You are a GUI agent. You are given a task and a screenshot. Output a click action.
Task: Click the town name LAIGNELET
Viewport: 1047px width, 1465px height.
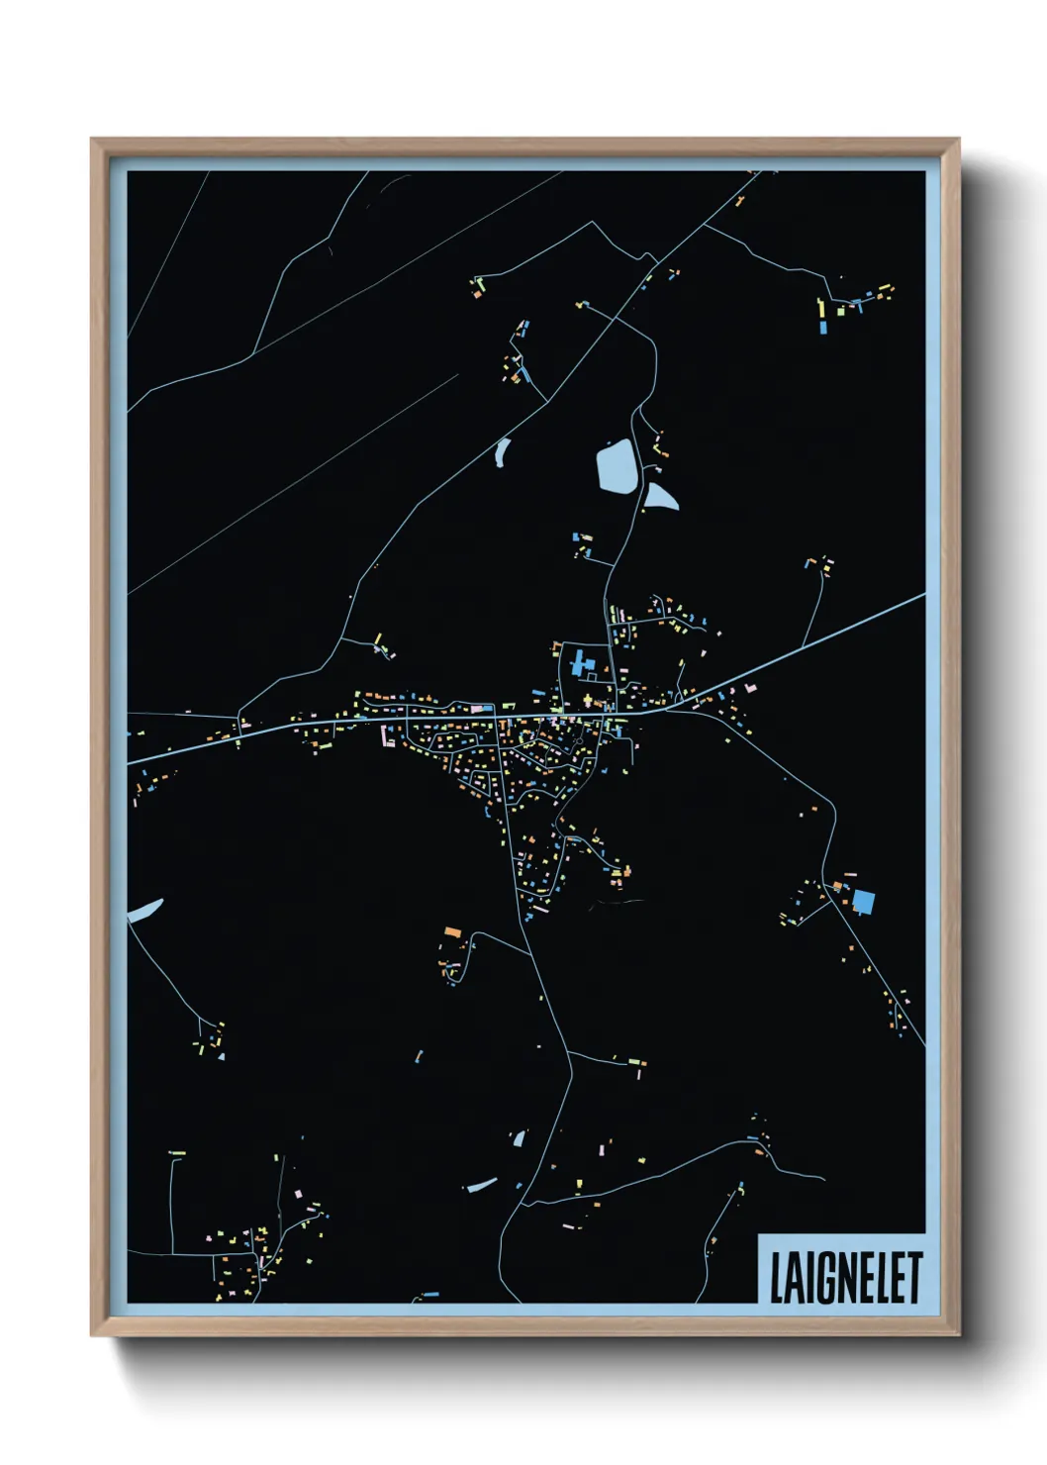point(845,1277)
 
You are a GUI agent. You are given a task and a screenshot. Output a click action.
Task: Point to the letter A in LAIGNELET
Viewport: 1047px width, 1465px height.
point(788,1278)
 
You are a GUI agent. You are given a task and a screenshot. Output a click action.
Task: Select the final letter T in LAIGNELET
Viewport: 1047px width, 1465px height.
point(914,1277)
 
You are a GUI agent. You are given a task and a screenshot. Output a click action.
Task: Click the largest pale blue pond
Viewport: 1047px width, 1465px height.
point(618,465)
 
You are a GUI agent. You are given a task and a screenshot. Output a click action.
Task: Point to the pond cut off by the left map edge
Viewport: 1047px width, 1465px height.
point(143,911)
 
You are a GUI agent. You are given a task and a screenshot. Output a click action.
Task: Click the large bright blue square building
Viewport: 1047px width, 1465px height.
point(864,902)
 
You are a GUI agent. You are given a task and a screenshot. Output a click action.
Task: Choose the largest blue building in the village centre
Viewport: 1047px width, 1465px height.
point(578,662)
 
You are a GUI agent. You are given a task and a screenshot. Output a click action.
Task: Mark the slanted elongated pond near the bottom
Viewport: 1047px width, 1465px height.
point(482,1184)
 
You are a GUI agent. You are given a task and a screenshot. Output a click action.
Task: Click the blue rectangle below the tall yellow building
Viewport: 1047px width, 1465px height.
point(821,326)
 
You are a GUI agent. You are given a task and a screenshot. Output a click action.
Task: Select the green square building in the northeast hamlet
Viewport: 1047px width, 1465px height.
point(841,311)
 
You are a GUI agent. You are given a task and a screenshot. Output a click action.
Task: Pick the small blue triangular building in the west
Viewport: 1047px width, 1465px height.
point(221,1055)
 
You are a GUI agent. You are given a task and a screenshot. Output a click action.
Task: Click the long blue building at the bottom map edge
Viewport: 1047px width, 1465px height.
point(429,1295)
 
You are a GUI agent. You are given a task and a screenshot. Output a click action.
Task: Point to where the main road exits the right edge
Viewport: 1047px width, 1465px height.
point(922,596)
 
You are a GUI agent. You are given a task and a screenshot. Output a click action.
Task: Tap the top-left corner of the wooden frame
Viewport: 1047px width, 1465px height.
point(93,141)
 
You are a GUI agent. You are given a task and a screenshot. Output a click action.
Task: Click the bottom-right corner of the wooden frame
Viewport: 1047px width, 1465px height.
point(958,1334)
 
